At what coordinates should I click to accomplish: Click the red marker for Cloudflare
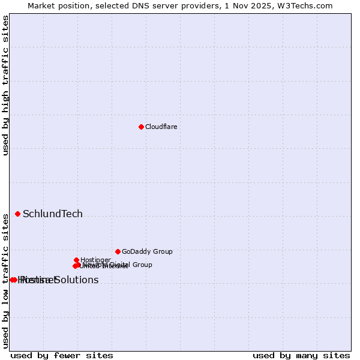141,127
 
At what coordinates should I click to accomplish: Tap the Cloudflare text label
161,127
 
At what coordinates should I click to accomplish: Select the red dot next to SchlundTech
17,214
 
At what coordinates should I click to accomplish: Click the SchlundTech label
53,214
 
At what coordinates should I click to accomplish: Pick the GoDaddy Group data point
118,251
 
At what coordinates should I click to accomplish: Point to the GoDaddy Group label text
147,251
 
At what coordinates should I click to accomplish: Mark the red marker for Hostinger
77,260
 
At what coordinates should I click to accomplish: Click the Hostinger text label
95,260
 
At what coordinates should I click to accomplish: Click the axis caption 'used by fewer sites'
62,355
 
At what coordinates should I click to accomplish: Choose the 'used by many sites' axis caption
301,355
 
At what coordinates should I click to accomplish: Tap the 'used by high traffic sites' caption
5,86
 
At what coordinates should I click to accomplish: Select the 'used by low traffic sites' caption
5,280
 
